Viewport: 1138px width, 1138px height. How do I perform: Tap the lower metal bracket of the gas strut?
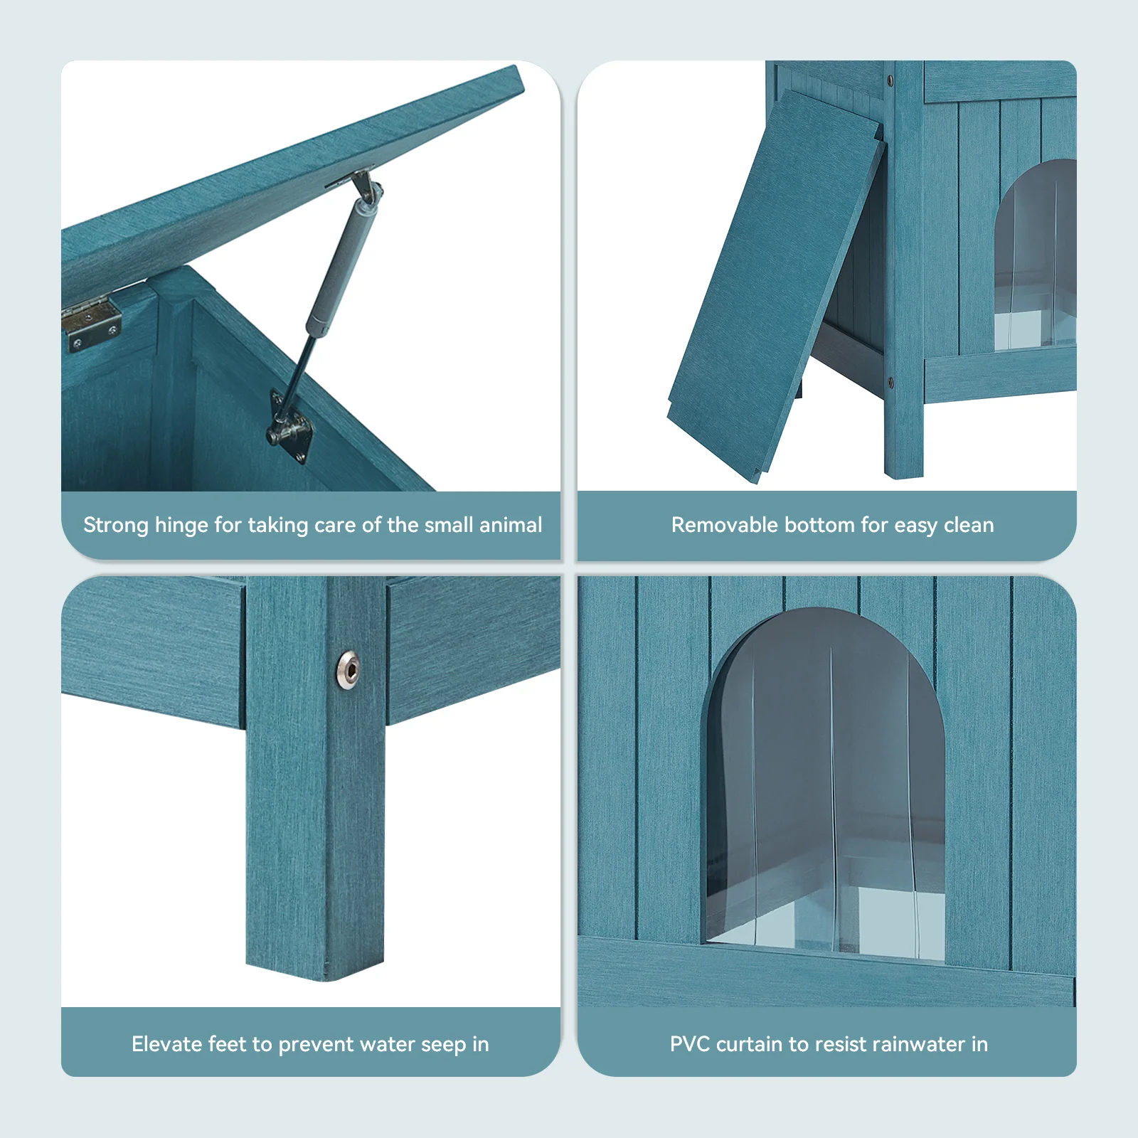point(289,427)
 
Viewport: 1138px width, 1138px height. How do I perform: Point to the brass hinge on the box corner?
point(92,324)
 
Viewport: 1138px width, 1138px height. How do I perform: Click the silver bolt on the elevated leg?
point(348,669)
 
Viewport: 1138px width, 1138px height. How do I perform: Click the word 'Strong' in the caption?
point(116,526)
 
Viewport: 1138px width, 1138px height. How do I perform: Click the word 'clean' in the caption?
point(969,525)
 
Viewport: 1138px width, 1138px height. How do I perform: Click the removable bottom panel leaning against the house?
point(775,284)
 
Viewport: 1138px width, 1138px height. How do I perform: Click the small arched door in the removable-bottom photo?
point(1036,255)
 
